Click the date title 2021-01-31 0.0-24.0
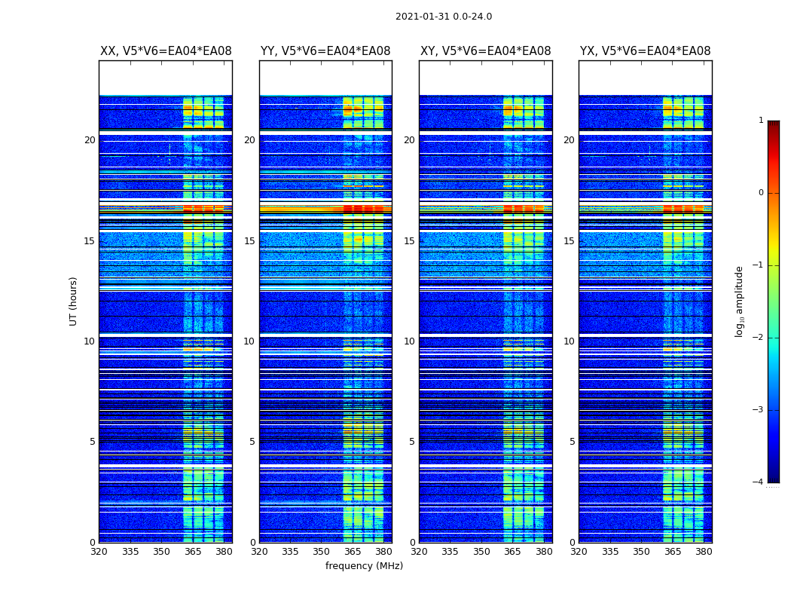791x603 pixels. point(444,17)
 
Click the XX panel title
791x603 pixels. point(166,51)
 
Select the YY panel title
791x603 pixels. point(325,51)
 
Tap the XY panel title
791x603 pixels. point(485,51)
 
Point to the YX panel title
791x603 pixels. point(645,51)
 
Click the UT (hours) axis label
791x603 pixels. point(74,301)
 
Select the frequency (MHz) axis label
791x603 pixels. point(364,566)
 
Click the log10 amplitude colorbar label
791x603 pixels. point(740,301)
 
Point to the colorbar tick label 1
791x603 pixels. point(760,121)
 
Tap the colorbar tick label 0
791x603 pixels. point(760,193)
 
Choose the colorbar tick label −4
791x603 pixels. point(759,482)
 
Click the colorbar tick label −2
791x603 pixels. point(759,338)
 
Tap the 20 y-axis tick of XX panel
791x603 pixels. point(90,140)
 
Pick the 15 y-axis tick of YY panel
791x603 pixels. point(249,241)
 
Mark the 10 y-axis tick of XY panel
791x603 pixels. point(409,341)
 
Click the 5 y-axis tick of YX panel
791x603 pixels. point(573,442)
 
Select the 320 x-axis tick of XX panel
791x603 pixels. point(99,552)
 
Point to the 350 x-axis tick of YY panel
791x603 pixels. point(321,552)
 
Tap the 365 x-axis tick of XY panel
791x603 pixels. point(512,552)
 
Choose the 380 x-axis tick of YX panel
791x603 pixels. point(704,552)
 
